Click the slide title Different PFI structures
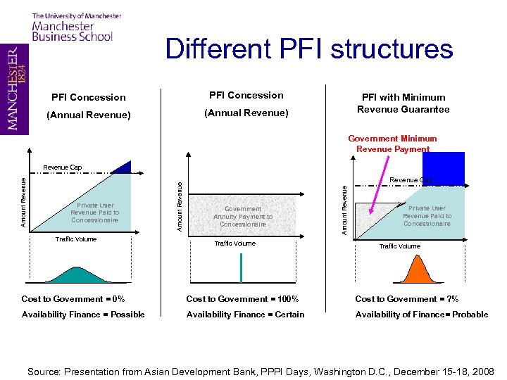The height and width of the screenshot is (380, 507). [309, 49]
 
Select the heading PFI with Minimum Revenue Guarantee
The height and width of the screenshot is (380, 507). [403, 103]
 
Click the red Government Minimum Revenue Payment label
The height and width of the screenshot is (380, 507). [392, 144]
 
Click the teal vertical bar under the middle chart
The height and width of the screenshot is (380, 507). [242, 267]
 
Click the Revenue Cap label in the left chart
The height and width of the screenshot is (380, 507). [62, 167]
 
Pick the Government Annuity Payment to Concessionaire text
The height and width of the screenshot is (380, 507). [243, 216]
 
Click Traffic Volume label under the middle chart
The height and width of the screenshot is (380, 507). [234, 243]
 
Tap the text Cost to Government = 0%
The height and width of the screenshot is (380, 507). [73, 299]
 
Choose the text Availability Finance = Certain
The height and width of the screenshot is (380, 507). [245, 315]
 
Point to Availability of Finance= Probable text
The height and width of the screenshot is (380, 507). [421, 315]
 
